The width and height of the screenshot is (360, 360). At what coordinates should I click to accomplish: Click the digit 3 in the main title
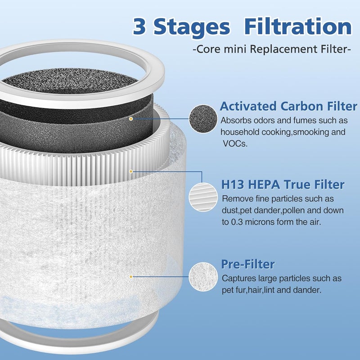(x=139, y=27)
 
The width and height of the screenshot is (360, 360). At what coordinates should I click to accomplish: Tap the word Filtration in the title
(x=298, y=27)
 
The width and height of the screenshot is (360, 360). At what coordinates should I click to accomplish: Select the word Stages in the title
(x=192, y=28)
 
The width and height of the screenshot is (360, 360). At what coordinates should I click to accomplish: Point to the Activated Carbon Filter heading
(x=288, y=106)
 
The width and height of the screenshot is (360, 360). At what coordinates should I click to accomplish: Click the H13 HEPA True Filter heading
(x=283, y=184)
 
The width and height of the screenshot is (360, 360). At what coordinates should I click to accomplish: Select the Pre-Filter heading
(x=248, y=264)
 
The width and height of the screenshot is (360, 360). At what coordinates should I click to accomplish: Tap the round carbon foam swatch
(x=203, y=119)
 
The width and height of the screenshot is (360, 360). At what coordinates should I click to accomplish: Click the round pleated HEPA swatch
(x=203, y=197)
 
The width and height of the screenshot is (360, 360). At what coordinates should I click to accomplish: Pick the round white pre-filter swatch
(x=203, y=277)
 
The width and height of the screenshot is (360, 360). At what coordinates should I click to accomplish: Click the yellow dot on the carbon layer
(x=131, y=119)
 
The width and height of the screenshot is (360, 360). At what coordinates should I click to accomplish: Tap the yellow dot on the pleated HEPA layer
(x=131, y=171)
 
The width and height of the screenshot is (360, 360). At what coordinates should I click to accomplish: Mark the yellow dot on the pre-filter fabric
(x=131, y=277)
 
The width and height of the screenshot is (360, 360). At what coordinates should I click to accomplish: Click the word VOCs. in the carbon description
(x=235, y=144)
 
